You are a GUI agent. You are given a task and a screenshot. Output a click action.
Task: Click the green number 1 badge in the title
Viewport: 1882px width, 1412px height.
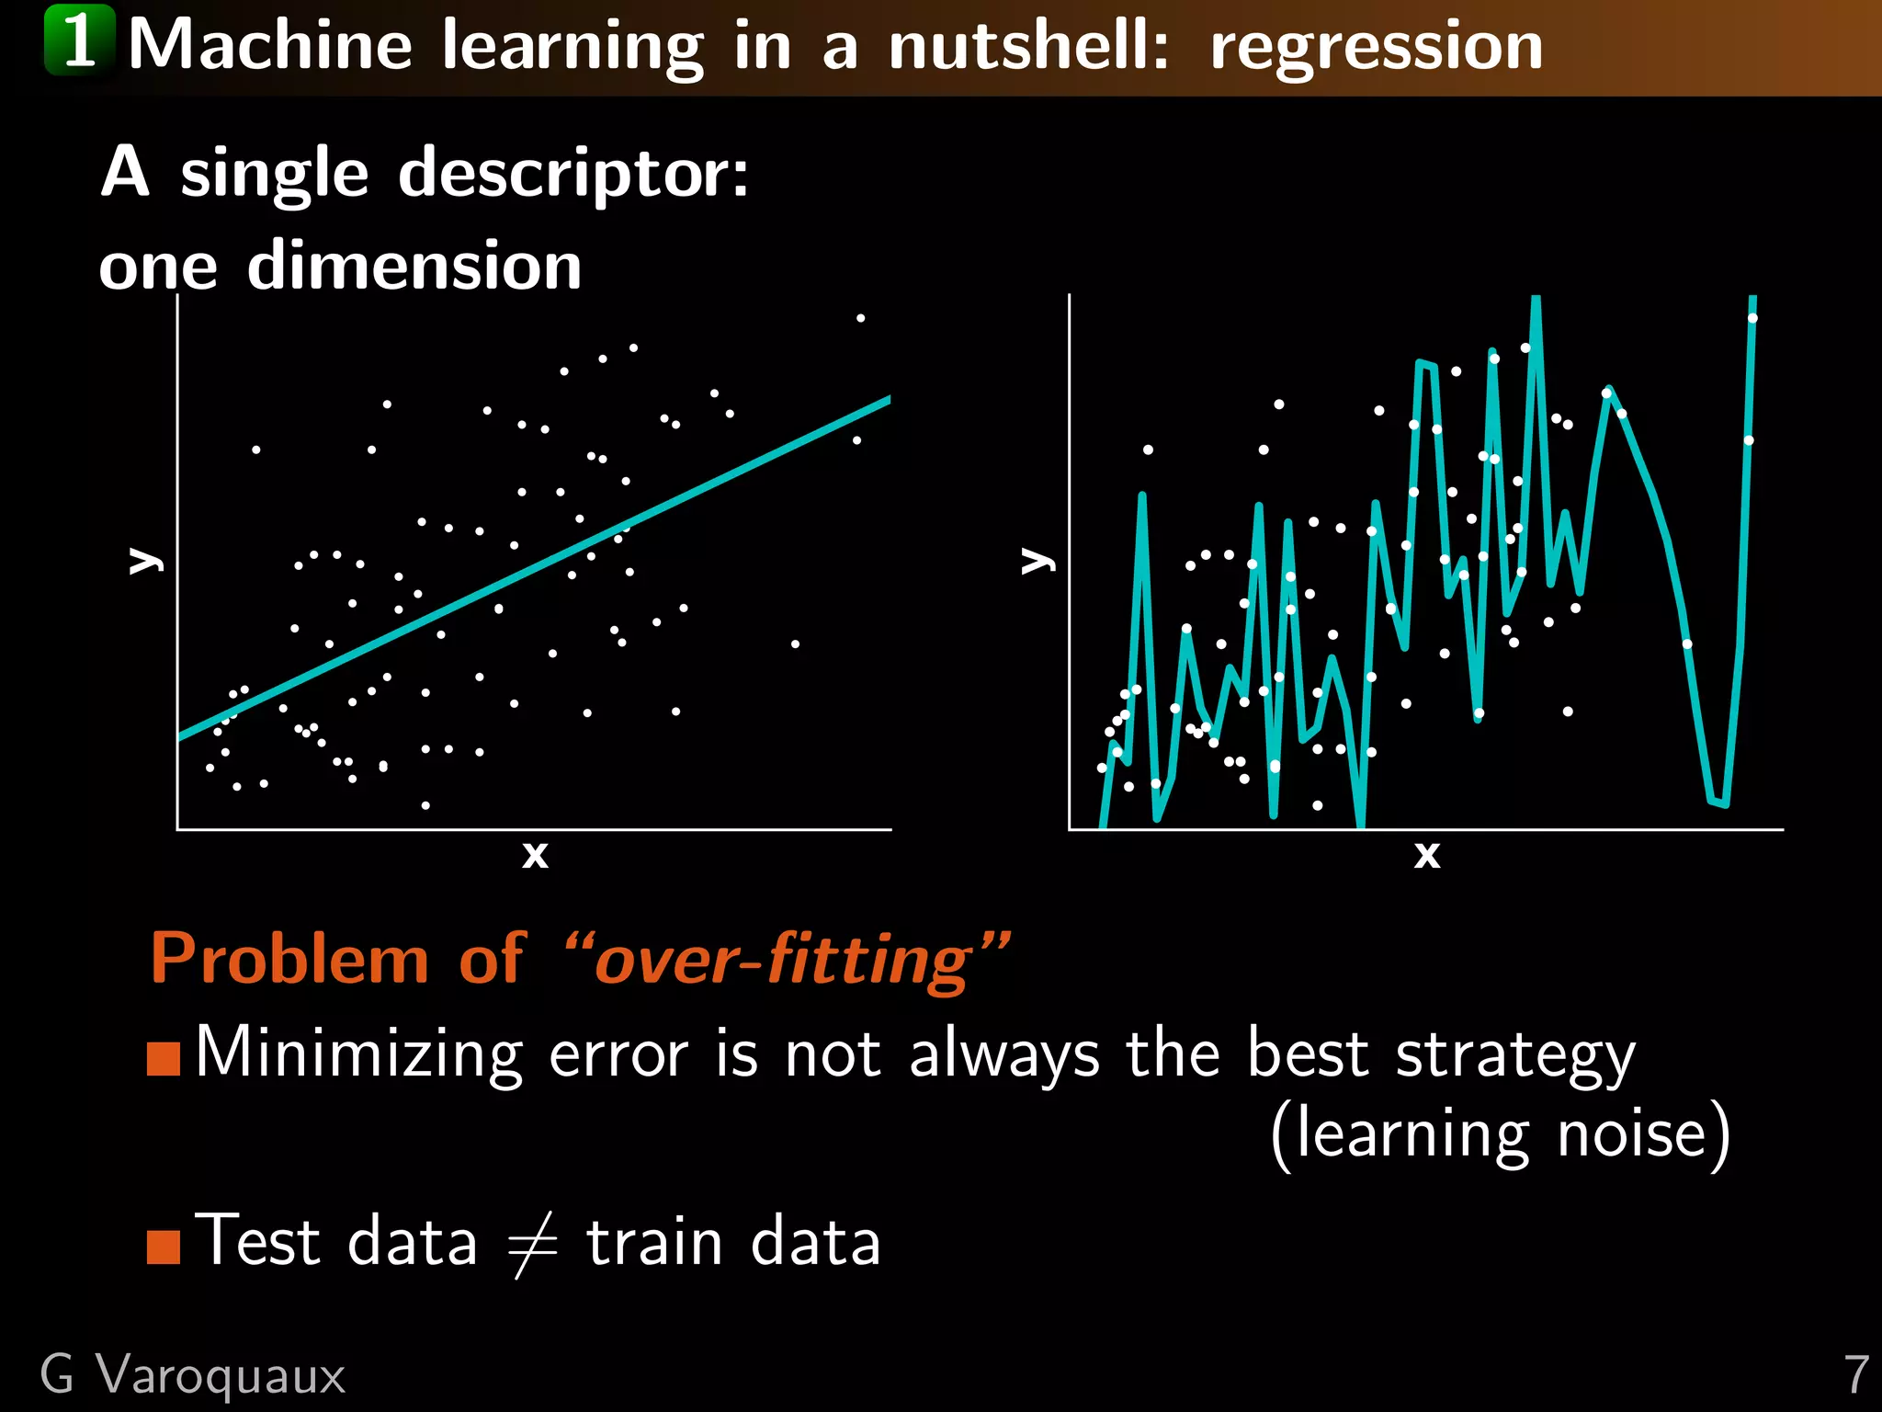(79, 40)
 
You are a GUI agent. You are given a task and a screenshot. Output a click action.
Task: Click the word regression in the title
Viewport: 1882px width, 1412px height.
(1376, 46)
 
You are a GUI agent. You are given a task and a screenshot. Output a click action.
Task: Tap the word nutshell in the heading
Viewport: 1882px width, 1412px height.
(1028, 46)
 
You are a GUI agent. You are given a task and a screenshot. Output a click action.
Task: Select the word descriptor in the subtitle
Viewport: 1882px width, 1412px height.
(573, 173)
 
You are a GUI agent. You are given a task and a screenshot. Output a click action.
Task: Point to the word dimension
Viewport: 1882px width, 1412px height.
(414, 266)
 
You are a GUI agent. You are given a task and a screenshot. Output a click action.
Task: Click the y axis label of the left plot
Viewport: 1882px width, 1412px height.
(145, 560)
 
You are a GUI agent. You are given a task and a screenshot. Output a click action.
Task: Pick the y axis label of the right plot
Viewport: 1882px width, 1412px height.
(1037, 560)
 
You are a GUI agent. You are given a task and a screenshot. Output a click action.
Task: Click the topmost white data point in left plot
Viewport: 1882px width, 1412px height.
(860, 318)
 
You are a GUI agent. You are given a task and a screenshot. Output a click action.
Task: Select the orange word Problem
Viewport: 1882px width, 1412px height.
(289, 959)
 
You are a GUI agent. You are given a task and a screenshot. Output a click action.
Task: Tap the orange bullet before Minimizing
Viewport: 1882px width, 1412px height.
(164, 1058)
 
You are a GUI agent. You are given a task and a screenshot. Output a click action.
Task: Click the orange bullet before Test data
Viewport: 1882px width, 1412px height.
(164, 1247)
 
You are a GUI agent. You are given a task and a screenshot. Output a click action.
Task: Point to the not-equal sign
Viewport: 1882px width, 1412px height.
(532, 1244)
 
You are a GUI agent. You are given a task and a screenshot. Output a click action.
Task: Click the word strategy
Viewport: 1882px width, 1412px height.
(1515, 1055)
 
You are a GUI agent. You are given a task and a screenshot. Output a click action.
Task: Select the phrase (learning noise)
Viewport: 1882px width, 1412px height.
(1500, 1134)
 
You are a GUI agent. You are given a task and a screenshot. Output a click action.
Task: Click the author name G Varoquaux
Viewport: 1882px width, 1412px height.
(193, 1375)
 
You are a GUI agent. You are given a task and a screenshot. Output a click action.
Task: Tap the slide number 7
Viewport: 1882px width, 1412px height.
(1856, 1375)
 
